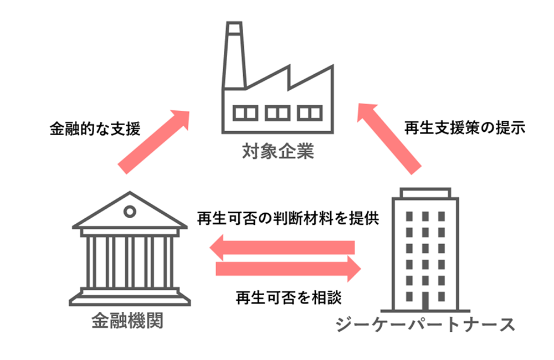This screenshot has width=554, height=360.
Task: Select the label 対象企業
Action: (x=278, y=150)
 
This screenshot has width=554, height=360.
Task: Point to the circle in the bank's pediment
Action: (x=130, y=211)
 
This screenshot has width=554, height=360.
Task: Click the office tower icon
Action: (x=423, y=249)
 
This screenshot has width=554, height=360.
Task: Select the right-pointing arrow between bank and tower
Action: (x=288, y=269)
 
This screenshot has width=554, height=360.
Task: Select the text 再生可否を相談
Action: (x=288, y=297)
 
